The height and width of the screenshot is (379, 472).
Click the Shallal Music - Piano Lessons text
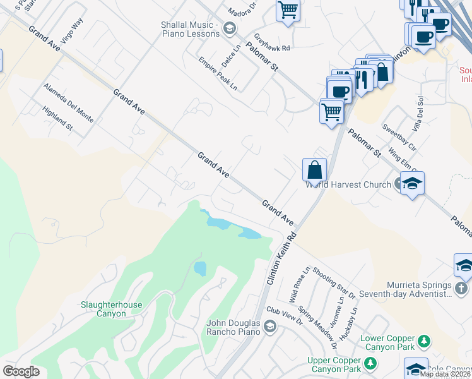tap(189, 29)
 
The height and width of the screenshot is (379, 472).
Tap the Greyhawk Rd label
tap(272, 43)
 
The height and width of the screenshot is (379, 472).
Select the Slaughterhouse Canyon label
tap(112, 310)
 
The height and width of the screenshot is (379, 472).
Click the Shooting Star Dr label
tap(333, 280)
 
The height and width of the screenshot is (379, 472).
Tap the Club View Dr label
tap(285, 315)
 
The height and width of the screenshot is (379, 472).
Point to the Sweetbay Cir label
tap(399, 137)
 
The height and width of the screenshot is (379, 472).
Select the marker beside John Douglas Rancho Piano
tap(269, 326)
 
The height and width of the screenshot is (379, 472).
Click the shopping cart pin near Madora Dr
tap(288, 9)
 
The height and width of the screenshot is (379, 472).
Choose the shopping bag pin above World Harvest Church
tap(314, 171)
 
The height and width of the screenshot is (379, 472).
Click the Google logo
tap(21, 371)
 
